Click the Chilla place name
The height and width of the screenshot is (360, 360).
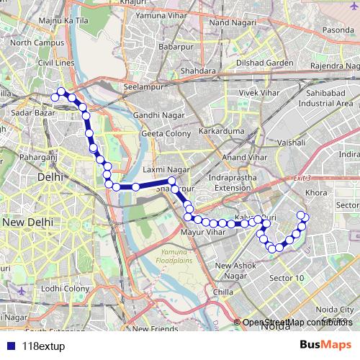pos(224,292)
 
